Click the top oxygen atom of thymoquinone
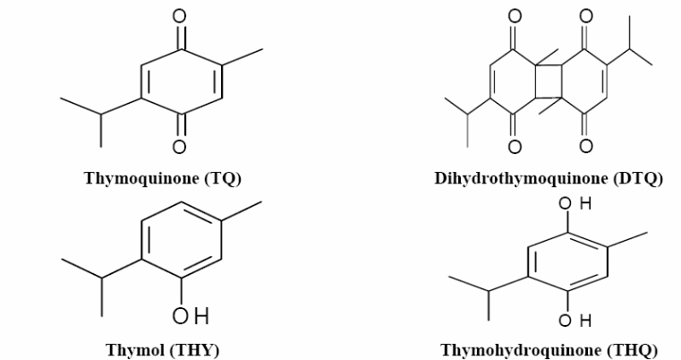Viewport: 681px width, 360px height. click(x=179, y=16)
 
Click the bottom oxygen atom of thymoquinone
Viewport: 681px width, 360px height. click(x=179, y=147)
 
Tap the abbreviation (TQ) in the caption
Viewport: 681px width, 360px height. click(x=223, y=179)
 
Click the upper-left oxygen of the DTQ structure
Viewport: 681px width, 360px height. click(x=515, y=16)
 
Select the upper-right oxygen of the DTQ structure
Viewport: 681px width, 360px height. click(x=586, y=16)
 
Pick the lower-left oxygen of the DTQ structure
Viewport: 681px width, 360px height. click(x=515, y=147)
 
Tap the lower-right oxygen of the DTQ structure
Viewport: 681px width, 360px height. click(x=586, y=147)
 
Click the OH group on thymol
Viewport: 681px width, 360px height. click(x=191, y=316)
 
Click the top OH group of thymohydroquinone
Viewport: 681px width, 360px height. click(x=575, y=203)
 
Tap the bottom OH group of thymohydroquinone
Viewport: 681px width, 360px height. click(x=575, y=321)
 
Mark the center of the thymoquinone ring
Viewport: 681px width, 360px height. click(x=182, y=81)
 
